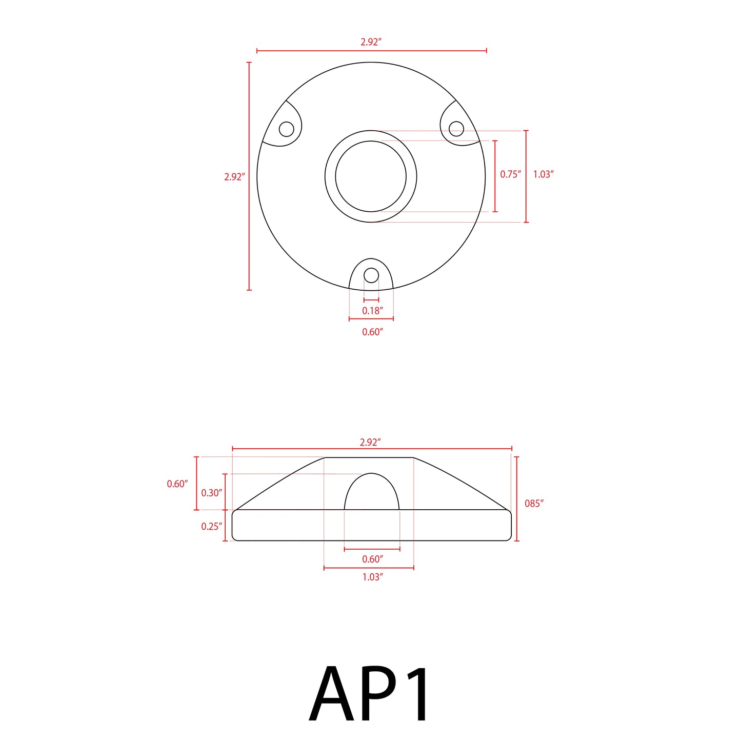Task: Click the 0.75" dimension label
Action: pyautogui.click(x=510, y=174)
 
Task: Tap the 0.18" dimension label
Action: pyautogui.click(x=372, y=311)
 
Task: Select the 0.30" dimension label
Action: pyautogui.click(x=211, y=493)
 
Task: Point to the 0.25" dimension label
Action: pyautogui.click(x=211, y=526)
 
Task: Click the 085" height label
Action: pyautogui.click(x=533, y=504)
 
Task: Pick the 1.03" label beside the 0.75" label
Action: pyautogui.click(x=543, y=174)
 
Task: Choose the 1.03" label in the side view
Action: pyautogui.click(x=372, y=577)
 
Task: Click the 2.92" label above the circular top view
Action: pyautogui.click(x=371, y=42)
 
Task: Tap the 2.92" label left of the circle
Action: pyautogui.click(x=234, y=177)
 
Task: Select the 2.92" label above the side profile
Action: pyautogui.click(x=370, y=442)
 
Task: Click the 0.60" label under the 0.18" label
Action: pyautogui.click(x=372, y=332)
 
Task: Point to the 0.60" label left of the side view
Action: pyautogui.click(x=177, y=484)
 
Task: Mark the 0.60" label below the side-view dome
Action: pyautogui.click(x=372, y=559)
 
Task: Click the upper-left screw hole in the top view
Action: pyautogui.click(x=286, y=129)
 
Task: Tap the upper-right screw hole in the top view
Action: pyautogui.click(x=456, y=128)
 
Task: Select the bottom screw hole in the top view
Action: pyautogui.click(x=371, y=275)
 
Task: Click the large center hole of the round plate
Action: pyautogui.click(x=371, y=176)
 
